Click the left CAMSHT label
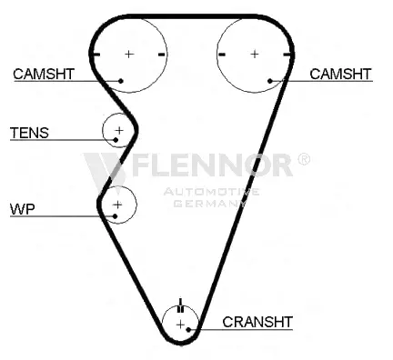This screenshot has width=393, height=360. (x=44, y=74)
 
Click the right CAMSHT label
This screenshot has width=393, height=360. (x=340, y=74)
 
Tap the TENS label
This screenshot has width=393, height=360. (x=29, y=133)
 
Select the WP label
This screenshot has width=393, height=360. (x=23, y=209)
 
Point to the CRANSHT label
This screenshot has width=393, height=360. (x=257, y=322)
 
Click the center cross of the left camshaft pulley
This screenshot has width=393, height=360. (x=129, y=54)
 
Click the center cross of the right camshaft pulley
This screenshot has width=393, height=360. (x=255, y=54)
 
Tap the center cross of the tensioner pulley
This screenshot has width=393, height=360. (x=119, y=130)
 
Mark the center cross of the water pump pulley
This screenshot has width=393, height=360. (x=117, y=205)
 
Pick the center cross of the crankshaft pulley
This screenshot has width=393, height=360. (x=180, y=325)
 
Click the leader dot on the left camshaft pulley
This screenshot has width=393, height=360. (x=121, y=81)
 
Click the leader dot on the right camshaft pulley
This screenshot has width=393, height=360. (x=270, y=81)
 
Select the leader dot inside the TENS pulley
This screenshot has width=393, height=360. (x=116, y=140)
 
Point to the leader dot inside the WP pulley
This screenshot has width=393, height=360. (x=115, y=216)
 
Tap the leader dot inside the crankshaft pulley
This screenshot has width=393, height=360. (x=188, y=329)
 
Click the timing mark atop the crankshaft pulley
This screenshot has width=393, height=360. (x=180, y=305)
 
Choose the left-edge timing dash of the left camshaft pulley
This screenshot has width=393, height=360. (x=96, y=55)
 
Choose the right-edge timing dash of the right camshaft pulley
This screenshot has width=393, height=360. (x=287, y=55)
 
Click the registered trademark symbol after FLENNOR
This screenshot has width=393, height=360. (x=304, y=159)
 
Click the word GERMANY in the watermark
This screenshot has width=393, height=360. (x=210, y=204)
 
